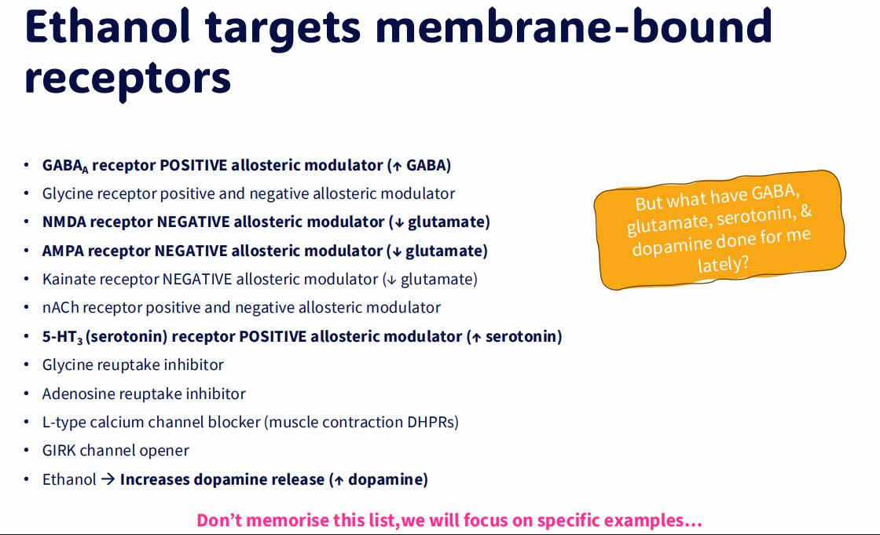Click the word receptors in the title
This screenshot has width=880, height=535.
point(127,77)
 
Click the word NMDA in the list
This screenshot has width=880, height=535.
point(64,222)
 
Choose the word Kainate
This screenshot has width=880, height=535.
point(69,279)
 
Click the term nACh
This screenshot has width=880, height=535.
point(60,308)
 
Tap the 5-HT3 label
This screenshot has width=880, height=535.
point(62,337)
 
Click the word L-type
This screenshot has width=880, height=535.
point(64,423)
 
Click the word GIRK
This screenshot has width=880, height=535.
point(59,451)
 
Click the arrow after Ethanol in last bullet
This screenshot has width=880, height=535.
point(108,479)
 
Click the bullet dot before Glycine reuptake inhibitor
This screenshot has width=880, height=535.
point(26,366)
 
